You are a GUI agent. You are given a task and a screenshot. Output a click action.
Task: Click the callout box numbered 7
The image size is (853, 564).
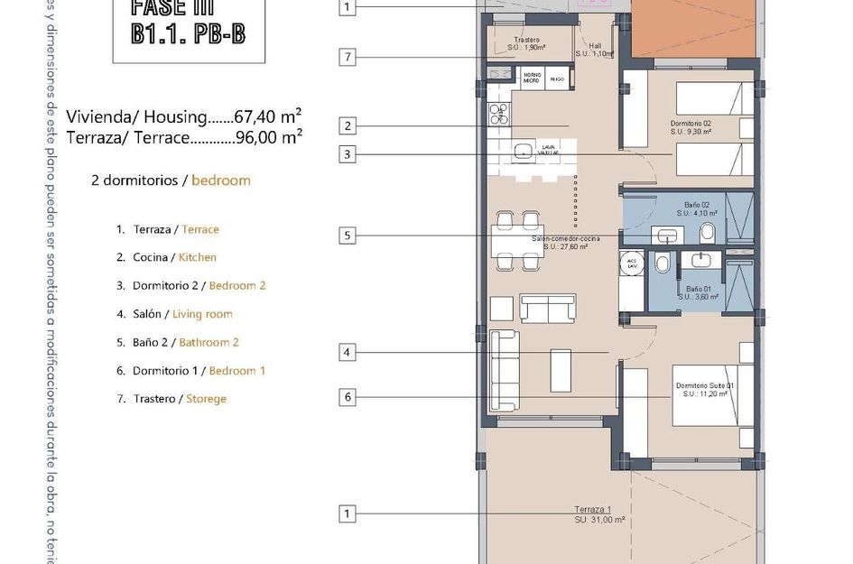347,58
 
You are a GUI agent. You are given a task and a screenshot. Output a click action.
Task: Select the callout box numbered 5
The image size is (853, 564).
347,236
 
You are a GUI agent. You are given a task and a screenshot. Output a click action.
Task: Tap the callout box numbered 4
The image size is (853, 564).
347,352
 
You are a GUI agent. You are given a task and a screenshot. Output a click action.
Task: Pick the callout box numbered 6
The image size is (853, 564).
347,396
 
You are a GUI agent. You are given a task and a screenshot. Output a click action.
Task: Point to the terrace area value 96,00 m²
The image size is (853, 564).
267,137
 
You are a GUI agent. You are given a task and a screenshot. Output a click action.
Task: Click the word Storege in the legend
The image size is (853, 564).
206,399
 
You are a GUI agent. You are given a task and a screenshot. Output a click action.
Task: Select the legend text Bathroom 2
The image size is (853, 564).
209,342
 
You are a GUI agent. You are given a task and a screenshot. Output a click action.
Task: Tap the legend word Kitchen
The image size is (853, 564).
198,257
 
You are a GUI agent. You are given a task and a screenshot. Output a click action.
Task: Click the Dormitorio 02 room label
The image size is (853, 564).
691,124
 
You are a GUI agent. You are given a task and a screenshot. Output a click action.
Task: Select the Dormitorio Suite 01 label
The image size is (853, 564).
706,385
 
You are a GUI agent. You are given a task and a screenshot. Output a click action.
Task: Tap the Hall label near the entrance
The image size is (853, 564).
595,45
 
